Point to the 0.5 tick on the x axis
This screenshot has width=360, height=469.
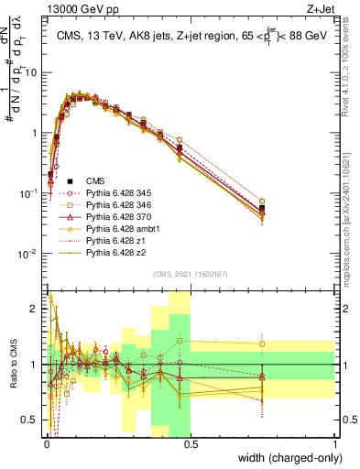[191, 442]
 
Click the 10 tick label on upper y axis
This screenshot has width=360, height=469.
[32, 72]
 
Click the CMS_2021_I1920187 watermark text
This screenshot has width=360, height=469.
[190, 273]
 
